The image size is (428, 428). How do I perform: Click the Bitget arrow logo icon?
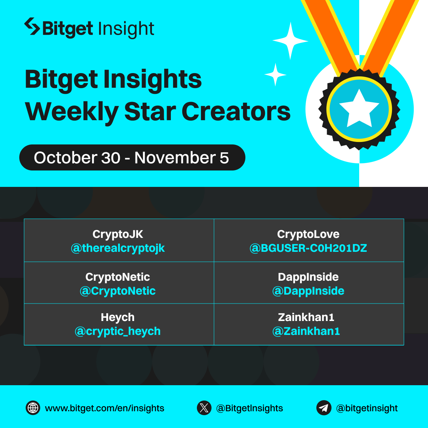pyautogui.click(x=32, y=27)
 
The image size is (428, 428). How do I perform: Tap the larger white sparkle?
pyautogui.click(x=290, y=41)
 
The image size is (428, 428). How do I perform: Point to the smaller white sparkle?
pyautogui.click(x=275, y=75)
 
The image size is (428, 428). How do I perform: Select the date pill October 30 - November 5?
pyautogui.click(x=132, y=158)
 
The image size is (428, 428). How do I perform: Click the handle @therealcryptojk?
pyautogui.click(x=118, y=248)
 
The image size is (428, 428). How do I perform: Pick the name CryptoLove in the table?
pyautogui.click(x=308, y=234)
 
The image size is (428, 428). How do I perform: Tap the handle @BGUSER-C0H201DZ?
pyautogui.click(x=308, y=248)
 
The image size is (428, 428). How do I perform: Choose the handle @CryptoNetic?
pyautogui.click(x=118, y=291)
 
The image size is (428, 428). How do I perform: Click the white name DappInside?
pyautogui.click(x=308, y=277)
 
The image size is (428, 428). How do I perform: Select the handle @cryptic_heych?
pyautogui.click(x=118, y=331)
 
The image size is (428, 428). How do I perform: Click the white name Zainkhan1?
pyautogui.click(x=306, y=317)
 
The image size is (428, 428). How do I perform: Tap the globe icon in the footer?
pyautogui.click(x=33, y=408)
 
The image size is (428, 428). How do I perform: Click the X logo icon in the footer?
pyautogui.click(x=204, y=408)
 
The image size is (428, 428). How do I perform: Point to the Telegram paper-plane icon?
pyautogui.click(x=324, y=408)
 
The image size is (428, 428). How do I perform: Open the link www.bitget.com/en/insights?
pyautogui.click(x=105, y=408)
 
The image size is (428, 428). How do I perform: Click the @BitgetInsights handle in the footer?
pyautogui.click(x=249, y=408)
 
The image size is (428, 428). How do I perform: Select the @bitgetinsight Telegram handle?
pyautogui.click(x=367, y=408)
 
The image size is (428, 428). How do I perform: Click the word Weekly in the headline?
pyautogui.click(x=71, y=111)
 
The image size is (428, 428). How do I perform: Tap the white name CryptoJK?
pyautogui.click(x=118, y=234)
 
